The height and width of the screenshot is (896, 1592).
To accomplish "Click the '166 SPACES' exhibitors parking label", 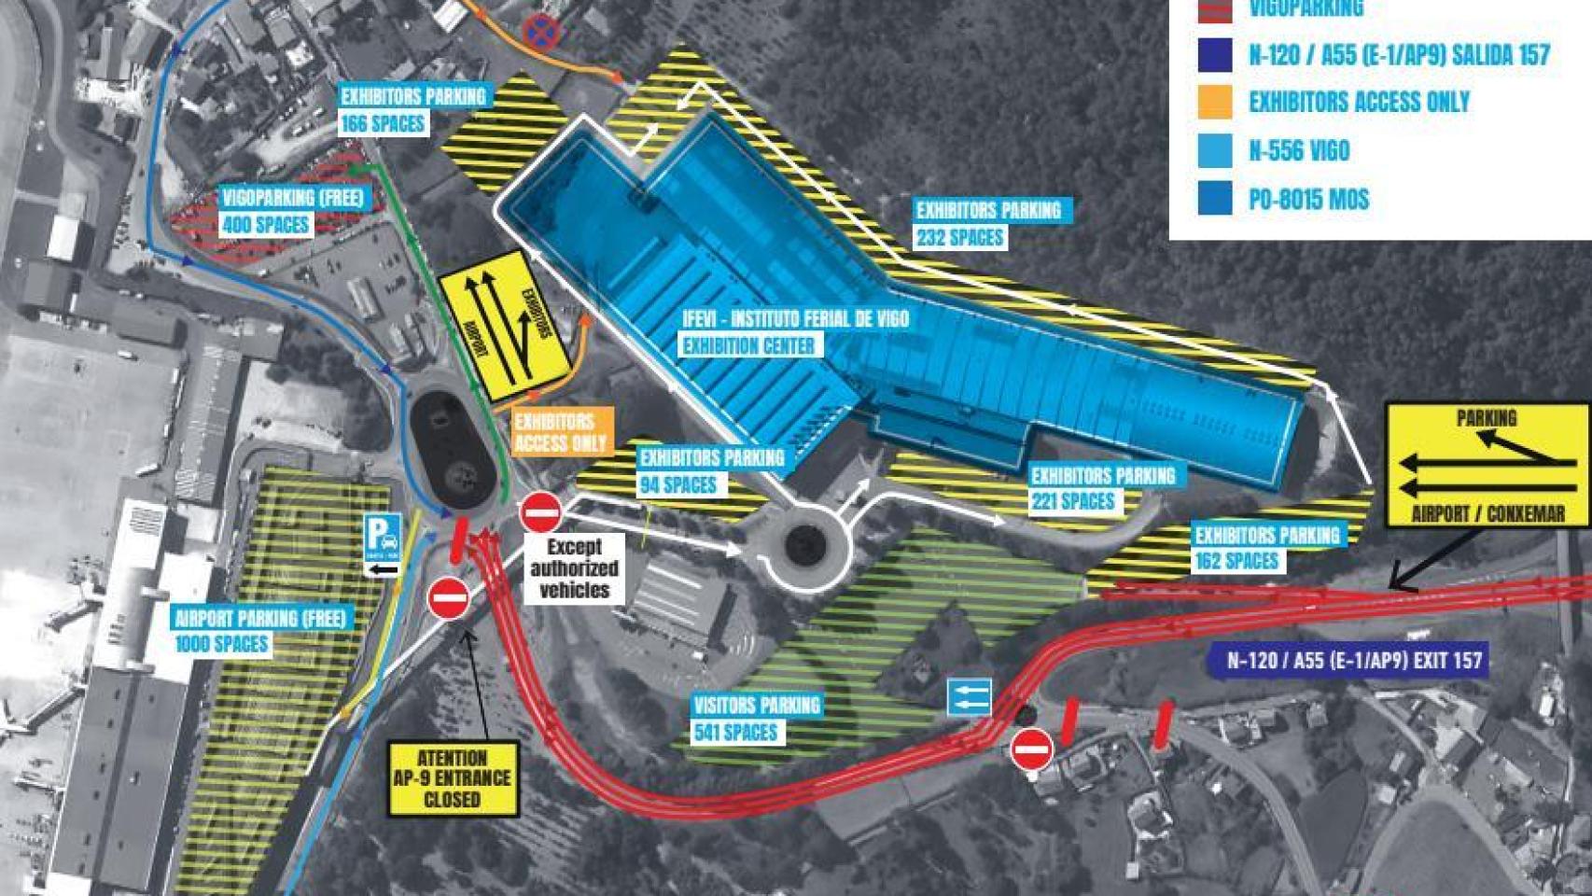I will pos(383,123).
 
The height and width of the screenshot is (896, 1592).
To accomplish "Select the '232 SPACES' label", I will pos(959,237).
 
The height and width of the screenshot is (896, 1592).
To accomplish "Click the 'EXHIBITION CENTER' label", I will pos(747,346).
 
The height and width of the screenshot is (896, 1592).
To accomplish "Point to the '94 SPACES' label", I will pos(678,484).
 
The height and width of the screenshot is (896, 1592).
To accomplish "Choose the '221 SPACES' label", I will pos(1073,501).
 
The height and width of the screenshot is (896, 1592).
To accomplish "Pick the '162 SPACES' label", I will pos(1236,561).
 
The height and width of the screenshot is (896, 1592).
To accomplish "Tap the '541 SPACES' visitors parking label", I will pos(735,733).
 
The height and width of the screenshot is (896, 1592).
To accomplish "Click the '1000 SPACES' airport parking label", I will pos(222,644).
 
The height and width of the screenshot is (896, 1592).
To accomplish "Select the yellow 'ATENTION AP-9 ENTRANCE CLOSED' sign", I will pos(453,778).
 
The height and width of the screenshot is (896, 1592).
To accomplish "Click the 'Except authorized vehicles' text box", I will pos(574,567).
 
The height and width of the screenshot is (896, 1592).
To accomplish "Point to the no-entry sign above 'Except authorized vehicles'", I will pos(540,512).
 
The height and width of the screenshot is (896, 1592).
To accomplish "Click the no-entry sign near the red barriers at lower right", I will pos(1031,748).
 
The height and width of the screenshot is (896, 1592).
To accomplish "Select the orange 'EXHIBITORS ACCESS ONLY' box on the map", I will pos(561,432).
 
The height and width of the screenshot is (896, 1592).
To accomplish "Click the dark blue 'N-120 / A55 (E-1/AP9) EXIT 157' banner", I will pos(1353,661).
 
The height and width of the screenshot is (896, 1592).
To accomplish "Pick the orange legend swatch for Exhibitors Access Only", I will pos(1215,102).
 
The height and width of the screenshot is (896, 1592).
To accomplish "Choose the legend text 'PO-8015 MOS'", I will pos(1308,199).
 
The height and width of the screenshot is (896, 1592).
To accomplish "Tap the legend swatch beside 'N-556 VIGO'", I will pos(1215,150).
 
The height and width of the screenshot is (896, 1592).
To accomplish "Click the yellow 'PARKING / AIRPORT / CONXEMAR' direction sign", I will pos(1487,465).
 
